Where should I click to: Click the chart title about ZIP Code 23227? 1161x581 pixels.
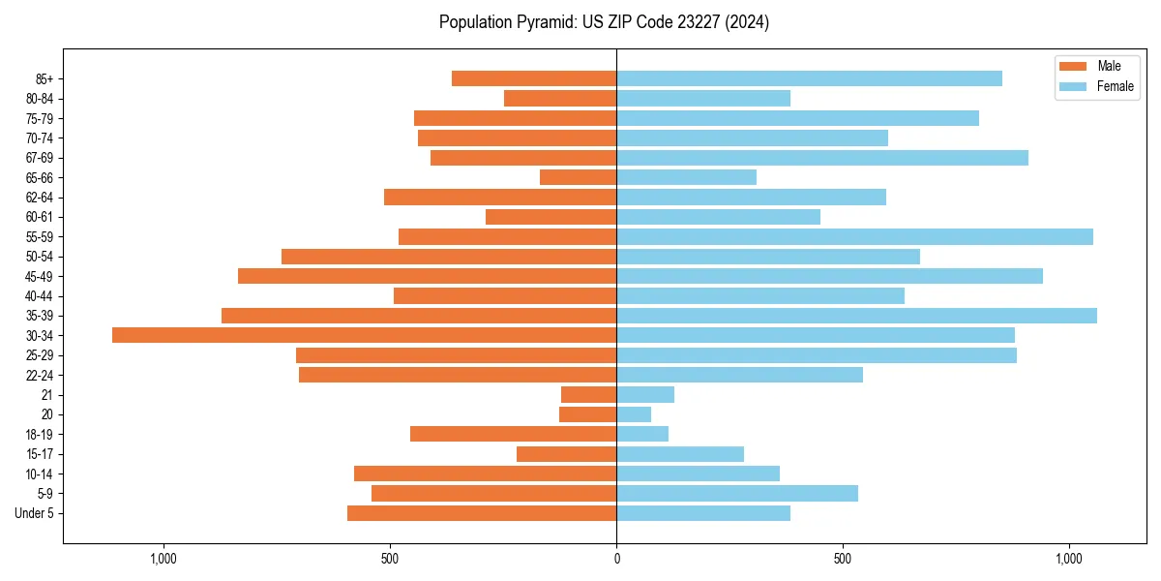[x=604, y=22]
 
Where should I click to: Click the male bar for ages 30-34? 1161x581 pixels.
[x=364, y=335]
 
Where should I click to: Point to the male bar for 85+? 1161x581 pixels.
[x=534, y=78]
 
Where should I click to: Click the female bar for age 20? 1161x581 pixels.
[x=634, y=414]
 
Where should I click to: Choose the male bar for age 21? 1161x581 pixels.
[x=588, y=394]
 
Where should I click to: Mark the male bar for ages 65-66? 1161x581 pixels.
[x=578, y=177]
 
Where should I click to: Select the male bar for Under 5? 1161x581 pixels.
[x=482, y=513]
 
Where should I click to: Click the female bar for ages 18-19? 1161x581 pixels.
[x=642, y=434]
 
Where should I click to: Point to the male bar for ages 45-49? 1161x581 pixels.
[x=427, y=276]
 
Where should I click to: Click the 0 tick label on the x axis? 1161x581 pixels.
[x=616, y=559]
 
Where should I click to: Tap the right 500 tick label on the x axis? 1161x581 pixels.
[x=843, y=559]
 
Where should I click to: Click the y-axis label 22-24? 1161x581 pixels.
[x=40, y=375]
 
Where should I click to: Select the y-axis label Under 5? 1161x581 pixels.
[x=35, y=513]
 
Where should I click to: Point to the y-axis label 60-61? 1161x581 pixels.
[x=40, y=217]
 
